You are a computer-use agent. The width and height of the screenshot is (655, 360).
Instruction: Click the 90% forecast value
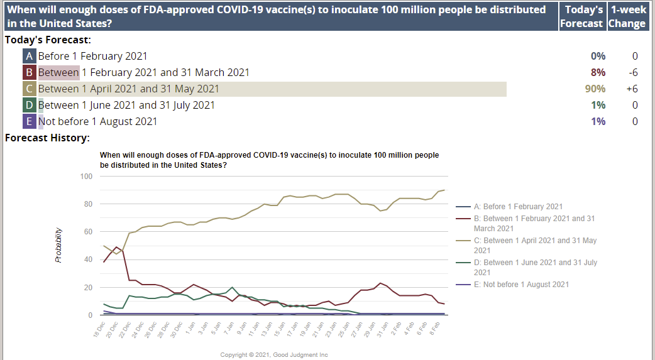coord(595,89)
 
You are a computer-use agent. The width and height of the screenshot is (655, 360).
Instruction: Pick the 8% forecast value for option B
coord(598,72)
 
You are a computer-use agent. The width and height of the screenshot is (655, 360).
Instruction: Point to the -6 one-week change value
coord(632,72)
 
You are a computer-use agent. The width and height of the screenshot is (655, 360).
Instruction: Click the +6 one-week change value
coord(632,89)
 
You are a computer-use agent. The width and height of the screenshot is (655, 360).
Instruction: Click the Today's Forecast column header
coord(582,16)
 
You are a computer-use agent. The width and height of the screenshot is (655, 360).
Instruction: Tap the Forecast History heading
coord(47,138)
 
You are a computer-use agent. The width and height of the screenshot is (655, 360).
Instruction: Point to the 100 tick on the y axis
coord(86,176)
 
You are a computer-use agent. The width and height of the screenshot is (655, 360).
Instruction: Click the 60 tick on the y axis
coord(88,232)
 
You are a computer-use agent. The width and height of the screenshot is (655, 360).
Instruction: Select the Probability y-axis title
coord(58,245)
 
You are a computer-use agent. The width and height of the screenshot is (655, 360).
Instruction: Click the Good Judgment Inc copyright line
coord(274,355)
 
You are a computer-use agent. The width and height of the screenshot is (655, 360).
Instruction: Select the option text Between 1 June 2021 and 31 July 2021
coord(126,105)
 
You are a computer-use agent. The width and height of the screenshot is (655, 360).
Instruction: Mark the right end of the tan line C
coord(444,190)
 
